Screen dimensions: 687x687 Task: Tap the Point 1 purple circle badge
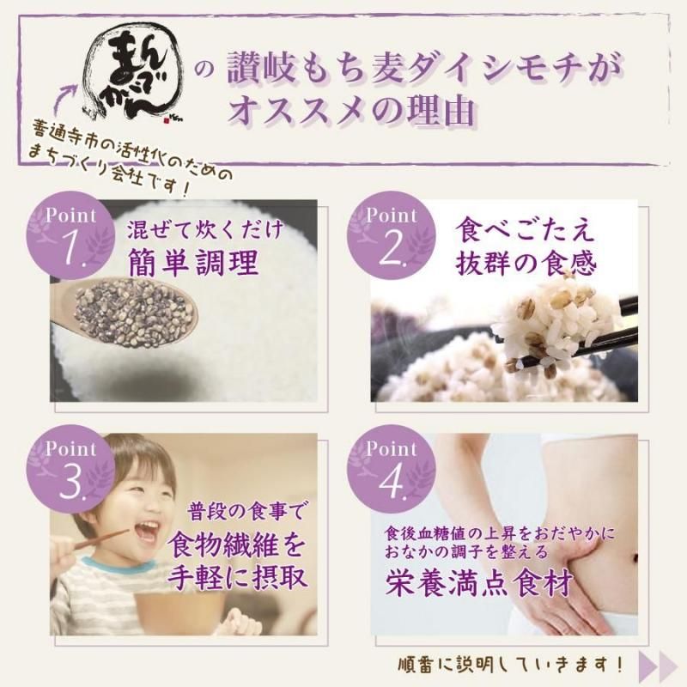pyautogui.click(x=70, y=235)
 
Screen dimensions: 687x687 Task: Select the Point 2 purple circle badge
pyautogui.click(x=392, y=235)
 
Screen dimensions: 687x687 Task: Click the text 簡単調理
pyautogui.click(x=193, y=264)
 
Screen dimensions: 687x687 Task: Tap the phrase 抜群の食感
pyautogui.click(x=526, y=264)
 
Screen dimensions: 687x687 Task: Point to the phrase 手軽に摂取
pyautogui.click(x=237, y=577)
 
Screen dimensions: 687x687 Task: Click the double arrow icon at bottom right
pyautogui.click(x=658, y=664)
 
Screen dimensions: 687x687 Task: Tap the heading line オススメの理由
pyautogui.click(x=350, y=111)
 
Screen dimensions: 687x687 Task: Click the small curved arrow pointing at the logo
pyautogui.click(x=65, y=99)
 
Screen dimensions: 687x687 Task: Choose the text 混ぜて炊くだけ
pyautogui.click(x=205, y=229)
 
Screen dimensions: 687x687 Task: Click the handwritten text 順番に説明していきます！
pyautogui.click(x=510, y=665)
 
